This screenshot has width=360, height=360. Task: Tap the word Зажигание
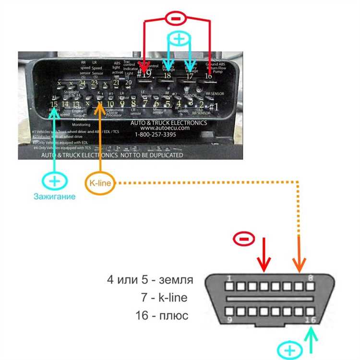54,196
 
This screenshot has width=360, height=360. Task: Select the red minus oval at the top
176,18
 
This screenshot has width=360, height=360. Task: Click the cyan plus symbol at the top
179,39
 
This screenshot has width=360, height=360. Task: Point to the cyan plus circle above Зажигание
55,181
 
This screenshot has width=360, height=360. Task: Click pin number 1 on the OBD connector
230,278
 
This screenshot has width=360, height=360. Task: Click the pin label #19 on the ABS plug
144,74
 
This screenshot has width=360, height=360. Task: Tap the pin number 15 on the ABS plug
54,104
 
